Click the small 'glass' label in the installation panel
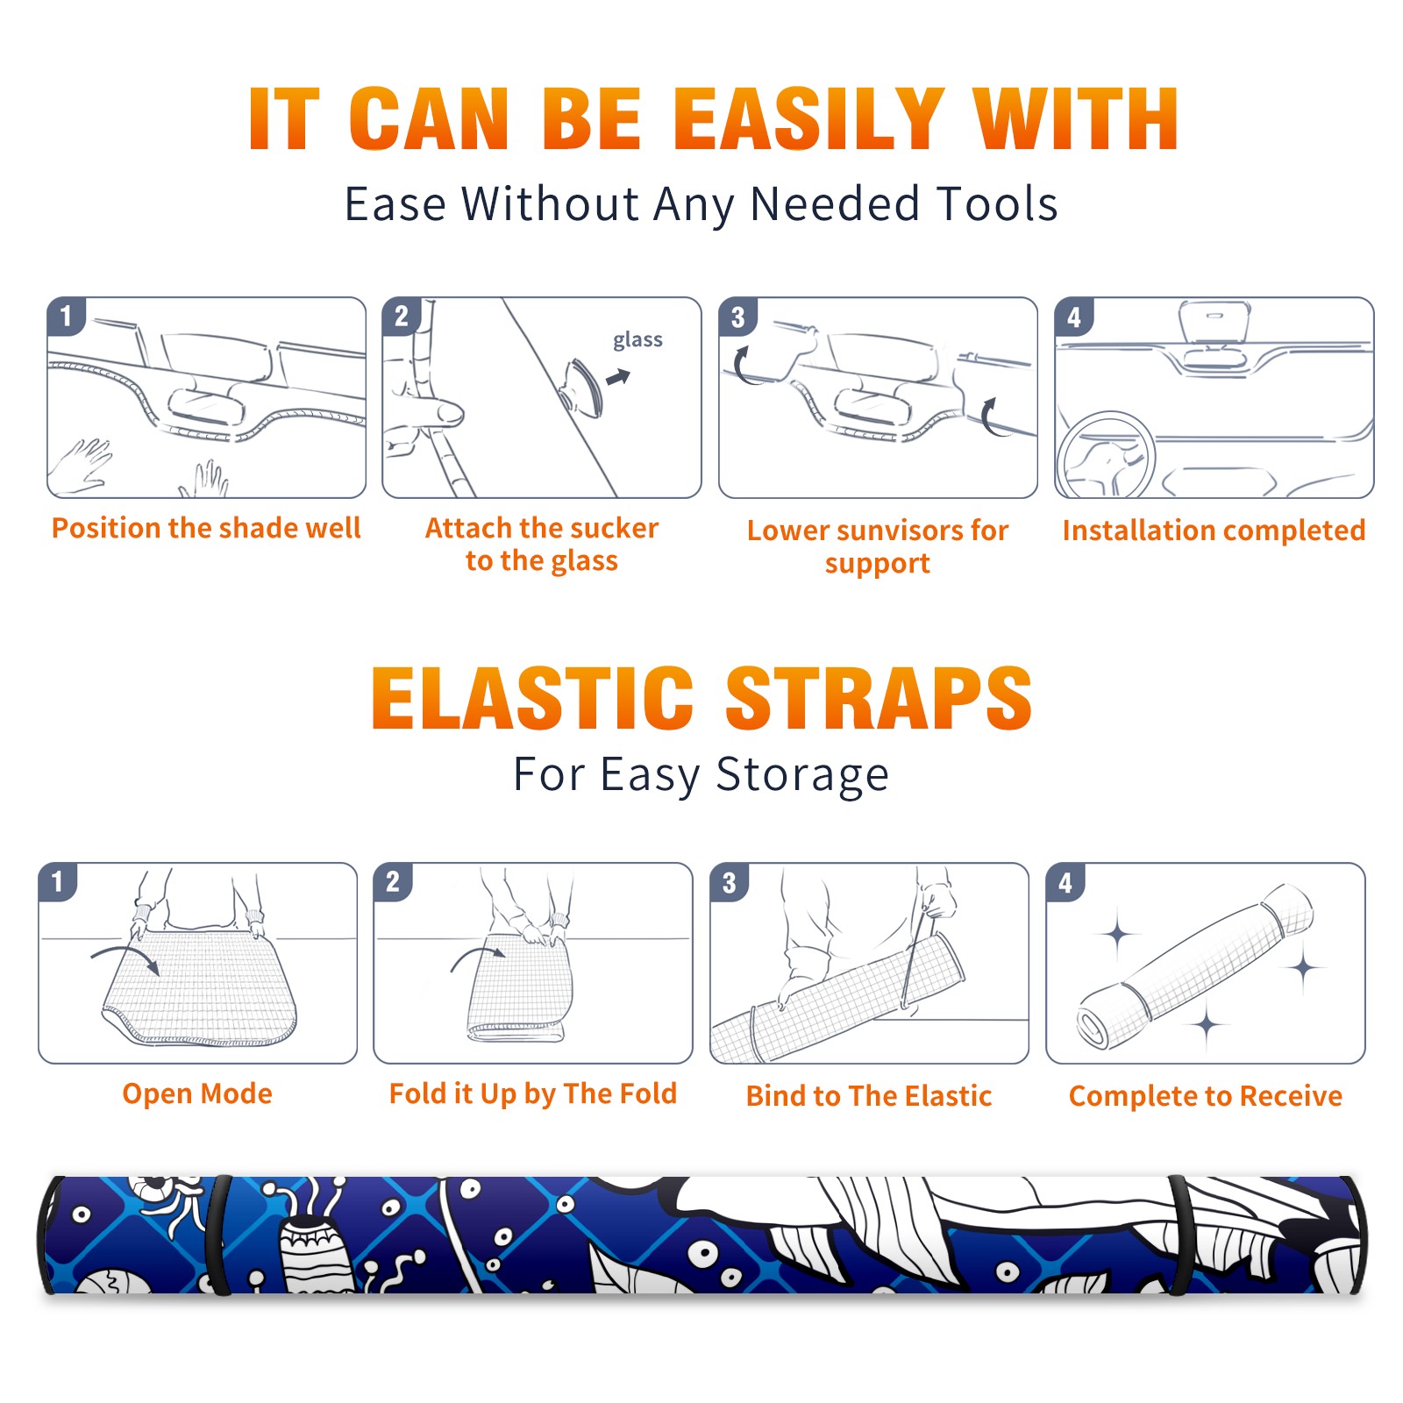[637, 340]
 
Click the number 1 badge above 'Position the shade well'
[66, 316]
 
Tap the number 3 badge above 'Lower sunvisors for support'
[737, 317]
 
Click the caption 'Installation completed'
[1214, 531]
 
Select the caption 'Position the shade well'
[206, 528]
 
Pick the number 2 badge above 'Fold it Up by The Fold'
[392, 881]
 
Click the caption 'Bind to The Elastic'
[869, 1096]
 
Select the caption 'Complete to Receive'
[1206, 1096]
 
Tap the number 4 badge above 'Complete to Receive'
[1065, 882]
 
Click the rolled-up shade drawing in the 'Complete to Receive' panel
[1195, 967]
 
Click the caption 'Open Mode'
[197, 1094]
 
